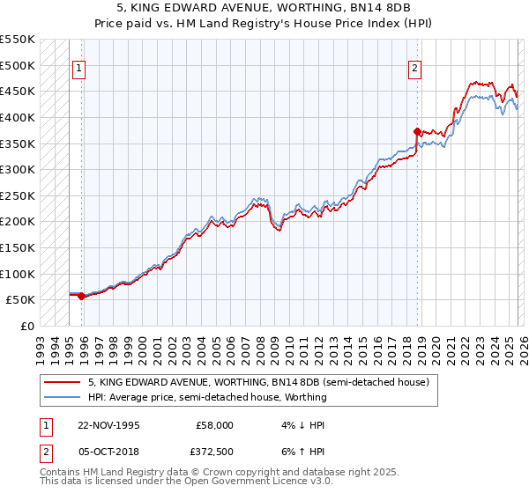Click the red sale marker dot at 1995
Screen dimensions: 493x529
(x=82, y=296)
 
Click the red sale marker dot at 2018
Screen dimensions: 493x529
(x=416, y=131)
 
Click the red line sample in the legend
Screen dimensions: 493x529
(x=63, y=383)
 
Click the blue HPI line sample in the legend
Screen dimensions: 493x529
(x=63, y=397)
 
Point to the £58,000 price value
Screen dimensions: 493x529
(x=215, y=425)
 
